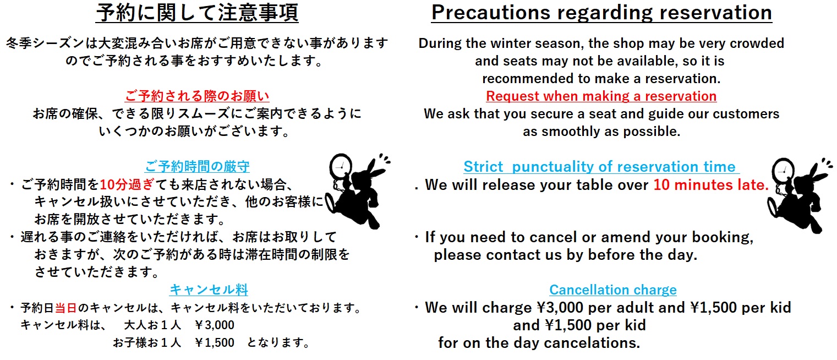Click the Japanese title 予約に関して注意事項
[197, 13]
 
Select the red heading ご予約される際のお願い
[197, 96]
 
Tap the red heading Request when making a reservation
[601, 96]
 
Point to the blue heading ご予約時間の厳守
[197, 166]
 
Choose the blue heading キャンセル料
[209, 290]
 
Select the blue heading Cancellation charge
[613, 290]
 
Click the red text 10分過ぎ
[127, 184]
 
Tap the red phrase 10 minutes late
[710, 184]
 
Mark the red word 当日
[66, 308]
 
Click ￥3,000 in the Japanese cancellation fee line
[215, 325]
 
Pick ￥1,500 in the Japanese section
[215, 342]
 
